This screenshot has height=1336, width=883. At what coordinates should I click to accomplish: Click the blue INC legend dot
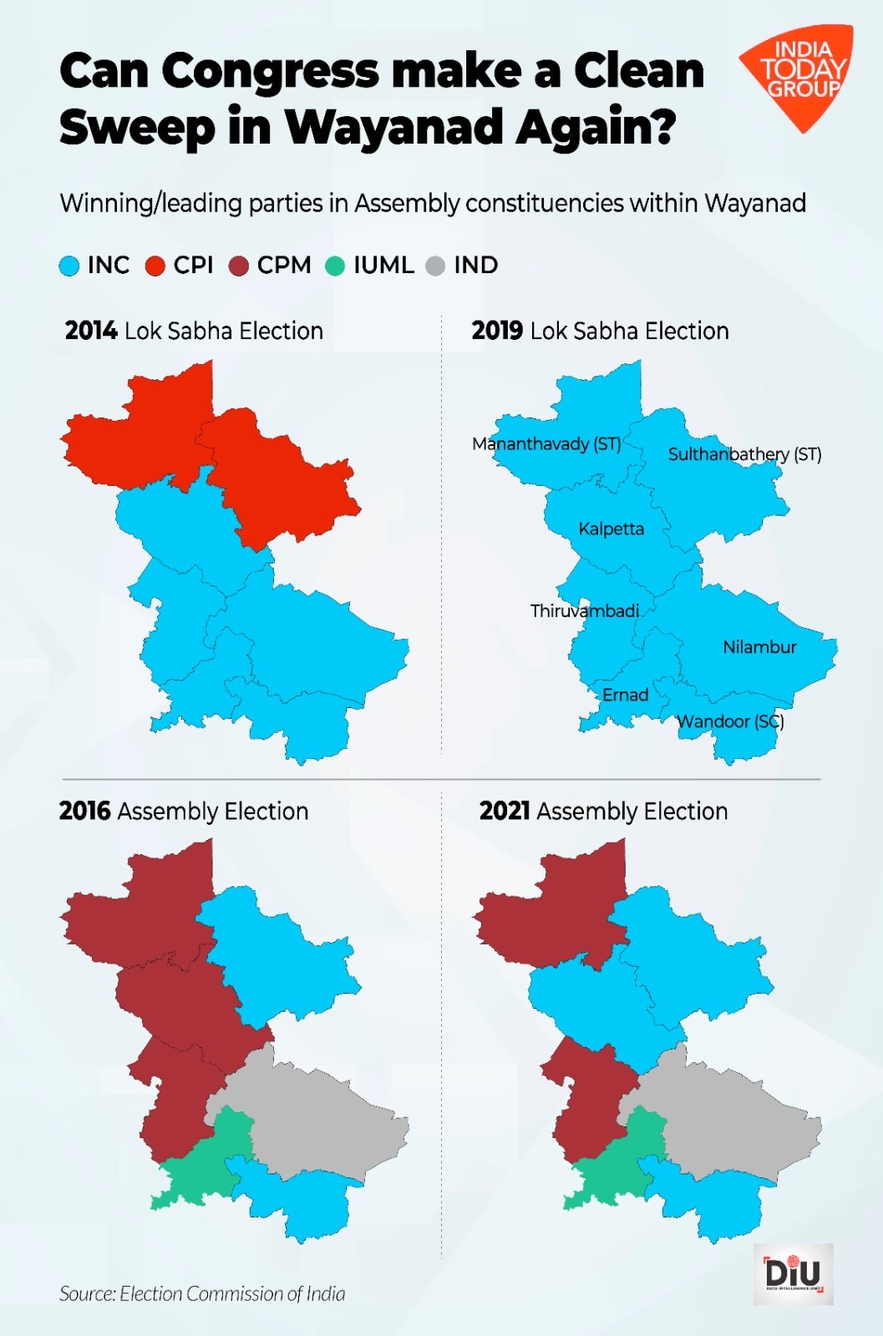pos(69,266)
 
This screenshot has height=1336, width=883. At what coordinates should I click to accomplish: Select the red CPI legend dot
pos(155,266)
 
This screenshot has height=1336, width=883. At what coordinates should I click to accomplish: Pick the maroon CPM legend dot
pos(239,266)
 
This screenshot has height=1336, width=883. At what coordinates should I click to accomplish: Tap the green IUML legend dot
pos(335,266)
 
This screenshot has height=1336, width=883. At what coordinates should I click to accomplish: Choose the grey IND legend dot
pos(435,266)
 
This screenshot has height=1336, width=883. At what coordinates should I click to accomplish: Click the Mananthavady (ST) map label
pos(546,443)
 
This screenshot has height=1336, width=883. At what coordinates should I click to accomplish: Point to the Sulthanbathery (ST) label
pos(744,454)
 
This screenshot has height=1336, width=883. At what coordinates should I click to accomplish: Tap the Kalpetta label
pos(611,529)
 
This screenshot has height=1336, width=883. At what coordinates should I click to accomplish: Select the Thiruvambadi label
pos(584,610)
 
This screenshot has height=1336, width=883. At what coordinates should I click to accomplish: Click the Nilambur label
pos(759,647)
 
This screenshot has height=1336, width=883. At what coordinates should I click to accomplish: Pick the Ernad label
pos(625,695)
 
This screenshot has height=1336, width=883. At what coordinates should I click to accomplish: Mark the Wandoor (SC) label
pos(730,721)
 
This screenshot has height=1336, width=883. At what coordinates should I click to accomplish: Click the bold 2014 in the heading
pos(91,331)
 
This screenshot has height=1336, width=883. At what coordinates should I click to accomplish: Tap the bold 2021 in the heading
pos(505,812)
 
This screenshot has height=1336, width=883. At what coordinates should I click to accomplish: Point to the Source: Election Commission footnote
pos(202,1294)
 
